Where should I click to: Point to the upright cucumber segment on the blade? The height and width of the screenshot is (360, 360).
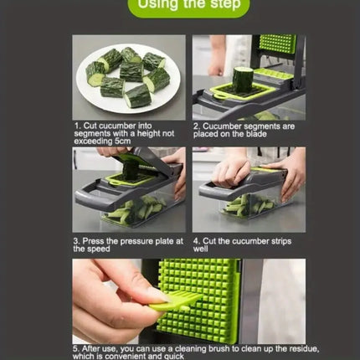[x=244, y=80]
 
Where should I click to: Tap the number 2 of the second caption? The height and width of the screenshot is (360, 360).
[x=196, y=126]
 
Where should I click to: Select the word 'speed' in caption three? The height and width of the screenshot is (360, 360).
[x=98, y=249]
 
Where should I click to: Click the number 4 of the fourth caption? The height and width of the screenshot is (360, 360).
[x=196, y=241]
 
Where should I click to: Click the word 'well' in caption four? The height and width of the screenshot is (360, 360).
[x=200, y=249]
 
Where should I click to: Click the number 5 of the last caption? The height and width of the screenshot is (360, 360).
[x=75, y=347]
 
